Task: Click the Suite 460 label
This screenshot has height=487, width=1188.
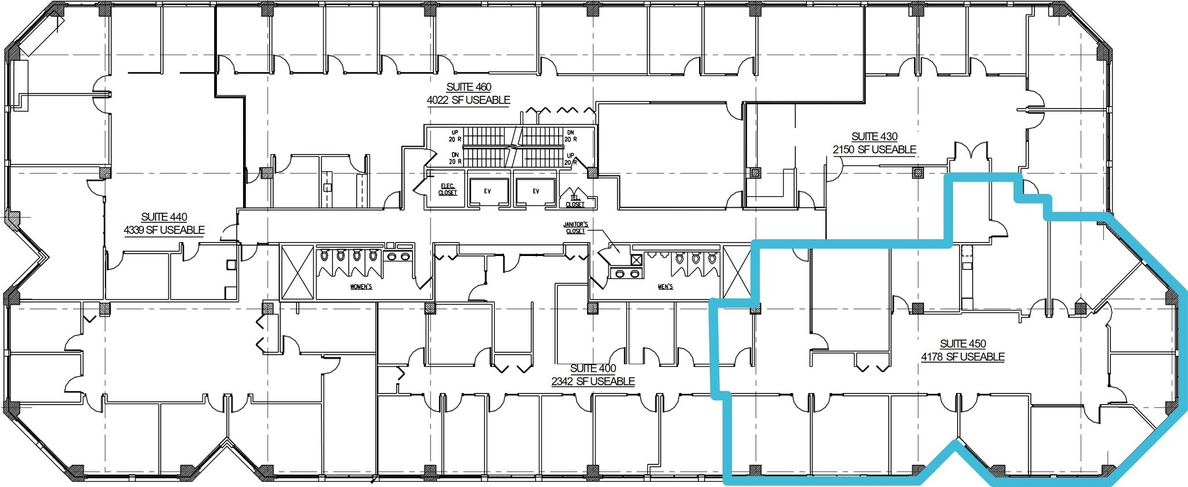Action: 469,87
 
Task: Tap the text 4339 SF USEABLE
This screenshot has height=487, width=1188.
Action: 164,230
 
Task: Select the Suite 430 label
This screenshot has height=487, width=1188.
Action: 874,136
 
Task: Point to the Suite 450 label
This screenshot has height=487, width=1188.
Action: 963,344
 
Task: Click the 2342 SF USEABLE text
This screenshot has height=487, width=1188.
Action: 593,381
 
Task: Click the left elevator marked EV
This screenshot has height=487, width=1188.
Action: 487,191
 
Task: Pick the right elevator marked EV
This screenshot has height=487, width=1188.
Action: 535,191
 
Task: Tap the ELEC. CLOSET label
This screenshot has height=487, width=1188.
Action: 447,190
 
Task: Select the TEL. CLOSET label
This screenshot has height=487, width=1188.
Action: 575,201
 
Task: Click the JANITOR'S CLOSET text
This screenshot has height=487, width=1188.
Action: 576,228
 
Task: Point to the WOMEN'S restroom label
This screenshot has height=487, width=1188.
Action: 361,287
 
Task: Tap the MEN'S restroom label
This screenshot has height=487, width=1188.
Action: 665,287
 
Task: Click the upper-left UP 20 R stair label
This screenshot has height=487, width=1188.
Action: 455,136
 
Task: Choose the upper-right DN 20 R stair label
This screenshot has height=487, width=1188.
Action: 570,136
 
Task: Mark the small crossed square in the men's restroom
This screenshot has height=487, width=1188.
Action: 636,259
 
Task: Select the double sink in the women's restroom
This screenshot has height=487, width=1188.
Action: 398,256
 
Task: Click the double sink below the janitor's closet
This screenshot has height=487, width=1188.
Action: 627,273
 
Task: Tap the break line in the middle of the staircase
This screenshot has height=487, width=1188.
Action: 513,146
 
